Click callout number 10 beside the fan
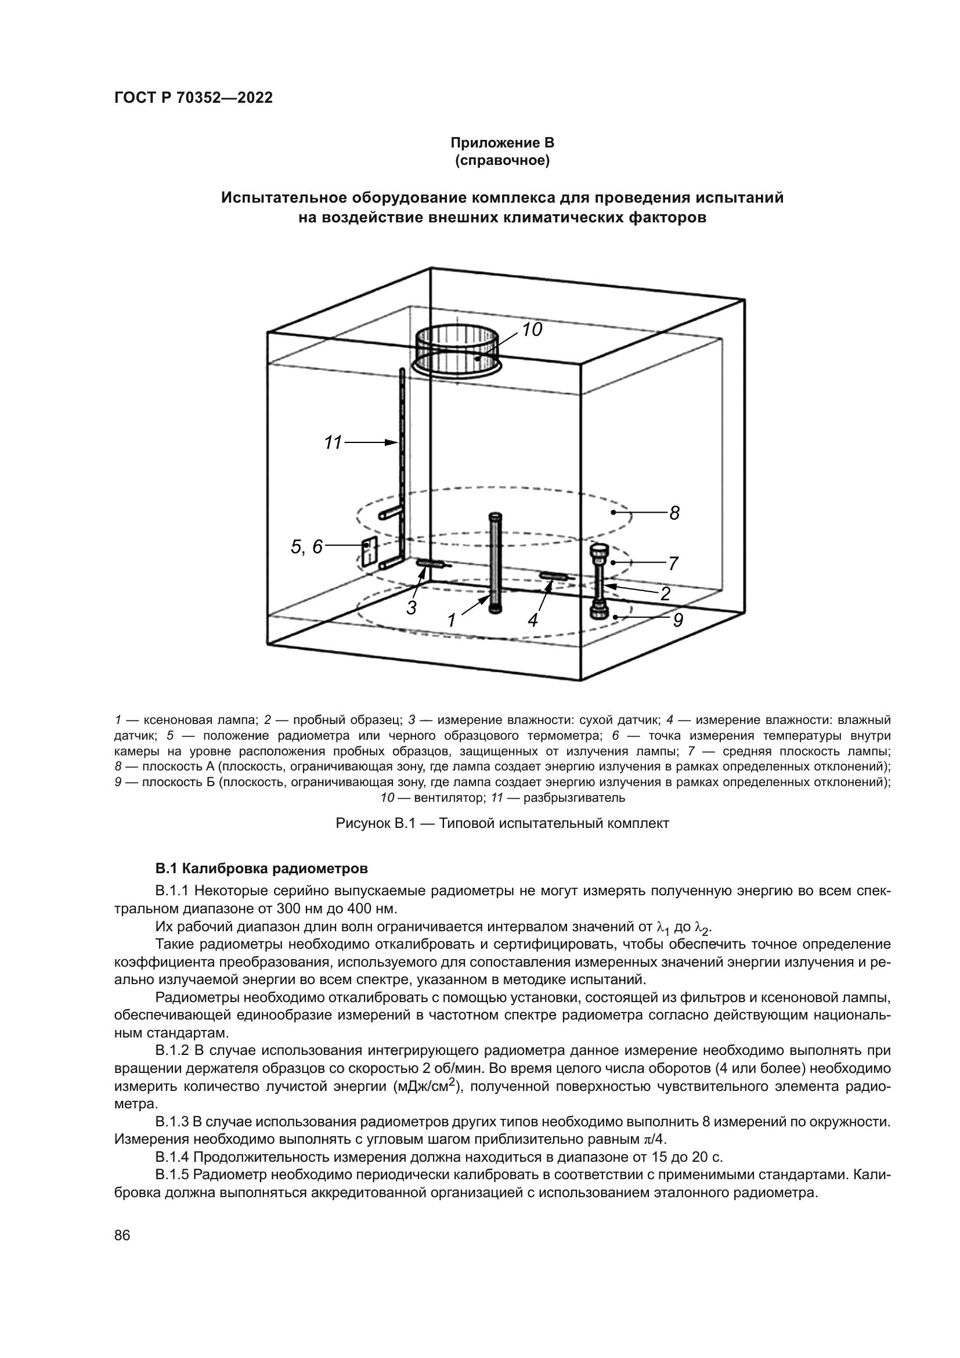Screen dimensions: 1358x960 532,329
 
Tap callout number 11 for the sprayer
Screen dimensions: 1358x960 333,442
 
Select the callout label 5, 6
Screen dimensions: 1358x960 307,547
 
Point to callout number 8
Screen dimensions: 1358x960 674,513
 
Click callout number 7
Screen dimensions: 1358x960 673,564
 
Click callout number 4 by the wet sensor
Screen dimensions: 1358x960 533,620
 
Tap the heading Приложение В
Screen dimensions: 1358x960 502,143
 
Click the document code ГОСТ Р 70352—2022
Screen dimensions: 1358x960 193,98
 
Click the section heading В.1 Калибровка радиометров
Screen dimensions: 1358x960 261,869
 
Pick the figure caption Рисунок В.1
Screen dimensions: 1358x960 502,823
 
